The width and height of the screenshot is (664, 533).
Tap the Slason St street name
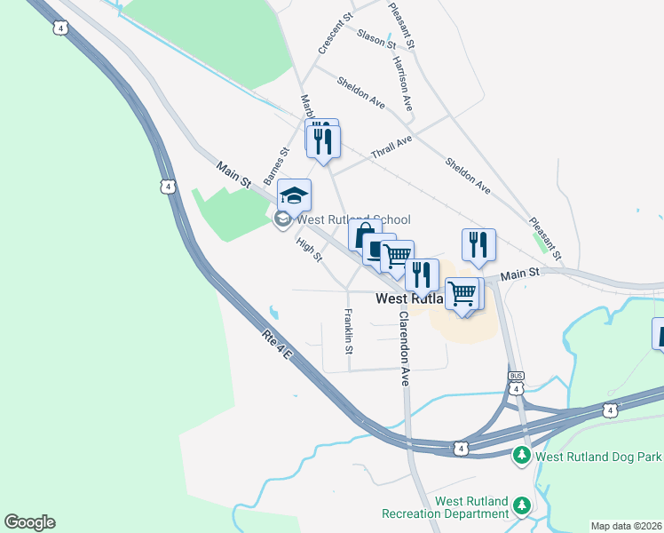click(x=376, y=37)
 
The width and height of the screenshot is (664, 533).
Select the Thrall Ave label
click(x=391, y=147)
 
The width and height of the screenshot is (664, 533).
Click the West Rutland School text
click(x=353, y=219)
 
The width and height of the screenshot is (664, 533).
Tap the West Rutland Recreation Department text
click(x=446, y=507)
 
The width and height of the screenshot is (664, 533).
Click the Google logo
click(x=29, y=522)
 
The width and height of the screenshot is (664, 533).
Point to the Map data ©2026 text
click(x=627, y=526)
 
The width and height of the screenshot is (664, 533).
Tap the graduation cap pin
click(x=295, y=195)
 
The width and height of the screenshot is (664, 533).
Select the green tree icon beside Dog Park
click(x=522, y=457)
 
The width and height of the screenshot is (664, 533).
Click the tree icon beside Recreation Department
click(x=522, y=506)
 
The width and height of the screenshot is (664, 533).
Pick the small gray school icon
click(x=283, y=219)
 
